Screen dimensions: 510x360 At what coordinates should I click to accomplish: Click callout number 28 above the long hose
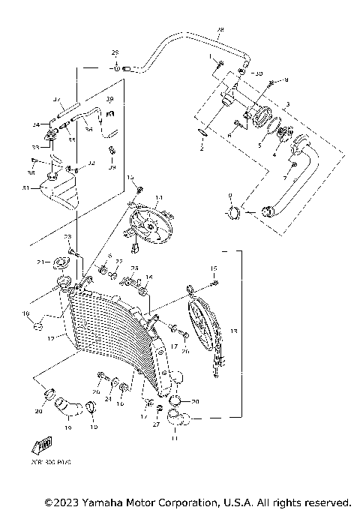coord(220,31)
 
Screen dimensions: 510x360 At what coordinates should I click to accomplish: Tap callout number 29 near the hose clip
coord(115,52)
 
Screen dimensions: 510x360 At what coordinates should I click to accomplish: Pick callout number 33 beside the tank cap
coord(34,147)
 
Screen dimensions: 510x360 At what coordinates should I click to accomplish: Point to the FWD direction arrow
coord(43,447)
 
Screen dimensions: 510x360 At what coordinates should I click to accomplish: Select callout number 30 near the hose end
coord(259,74)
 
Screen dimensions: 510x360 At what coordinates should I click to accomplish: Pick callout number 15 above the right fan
coord(213,268)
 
